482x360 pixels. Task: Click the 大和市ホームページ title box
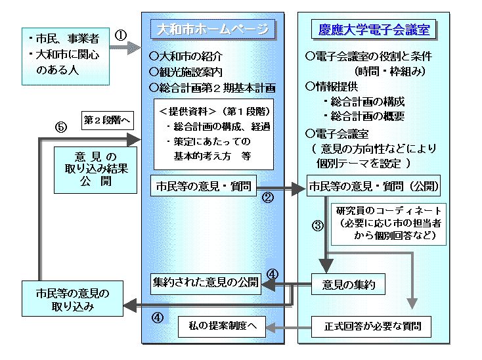coord(214,30)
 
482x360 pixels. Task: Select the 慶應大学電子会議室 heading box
coord(374,30)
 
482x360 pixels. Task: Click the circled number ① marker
coord(121,36)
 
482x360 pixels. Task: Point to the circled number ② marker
coord(268,196)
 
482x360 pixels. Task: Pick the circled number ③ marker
coord(318,226)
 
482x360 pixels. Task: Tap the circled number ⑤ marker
coord(62,127)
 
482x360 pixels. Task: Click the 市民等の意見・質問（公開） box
coord(374,186)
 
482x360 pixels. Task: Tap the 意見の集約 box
coord(347,284)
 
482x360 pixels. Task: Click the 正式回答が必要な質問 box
coord(373,325)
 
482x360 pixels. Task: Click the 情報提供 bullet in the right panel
coord(335,86)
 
